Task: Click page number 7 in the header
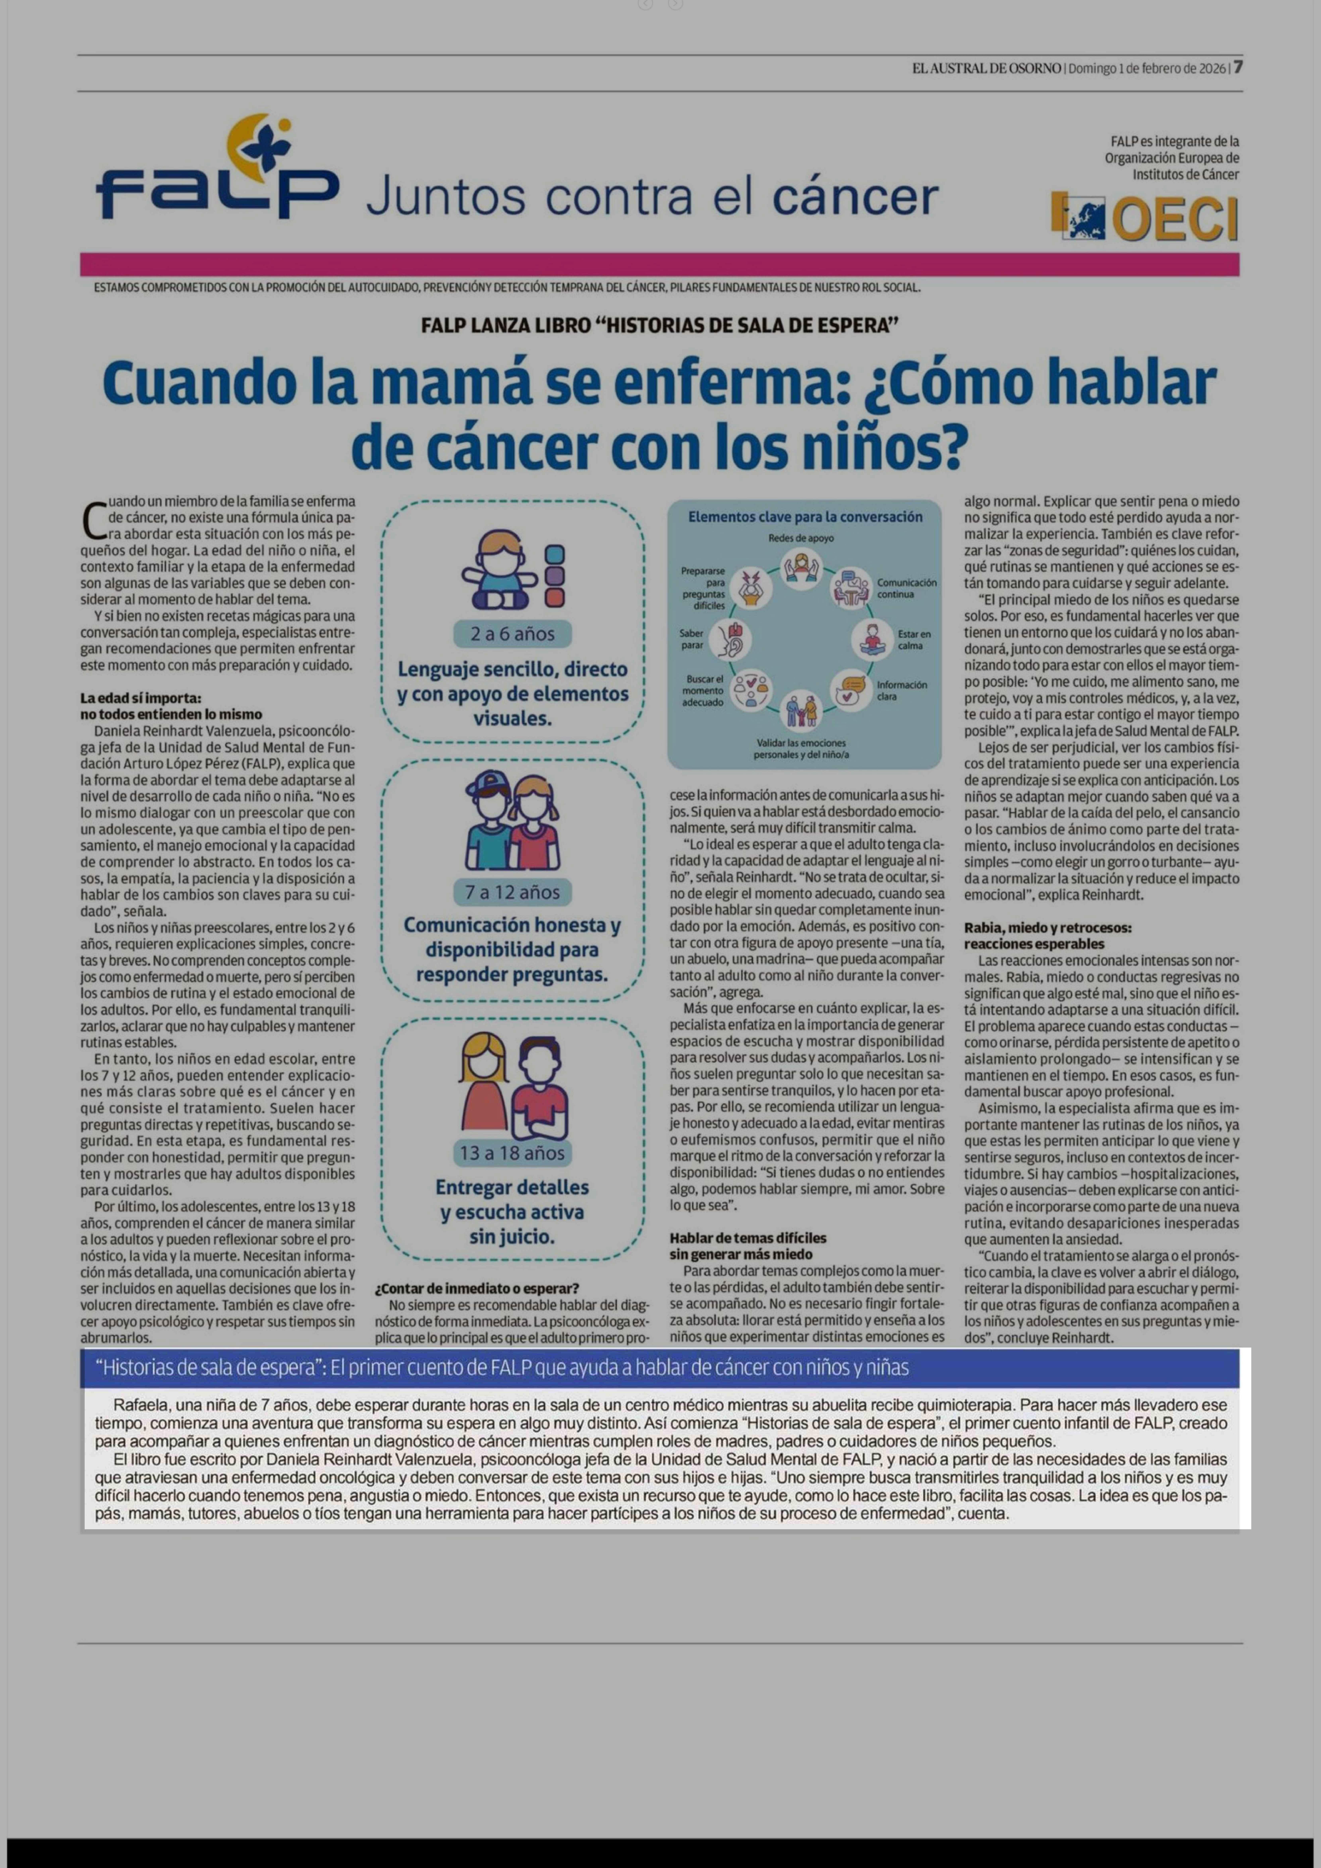point(1237,68)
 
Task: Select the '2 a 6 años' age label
point(512,634)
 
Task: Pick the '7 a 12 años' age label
point(512,892)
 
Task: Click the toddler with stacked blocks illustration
point(512,569)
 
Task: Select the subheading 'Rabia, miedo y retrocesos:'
point(1048,928)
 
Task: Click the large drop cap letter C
point(94,521)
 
